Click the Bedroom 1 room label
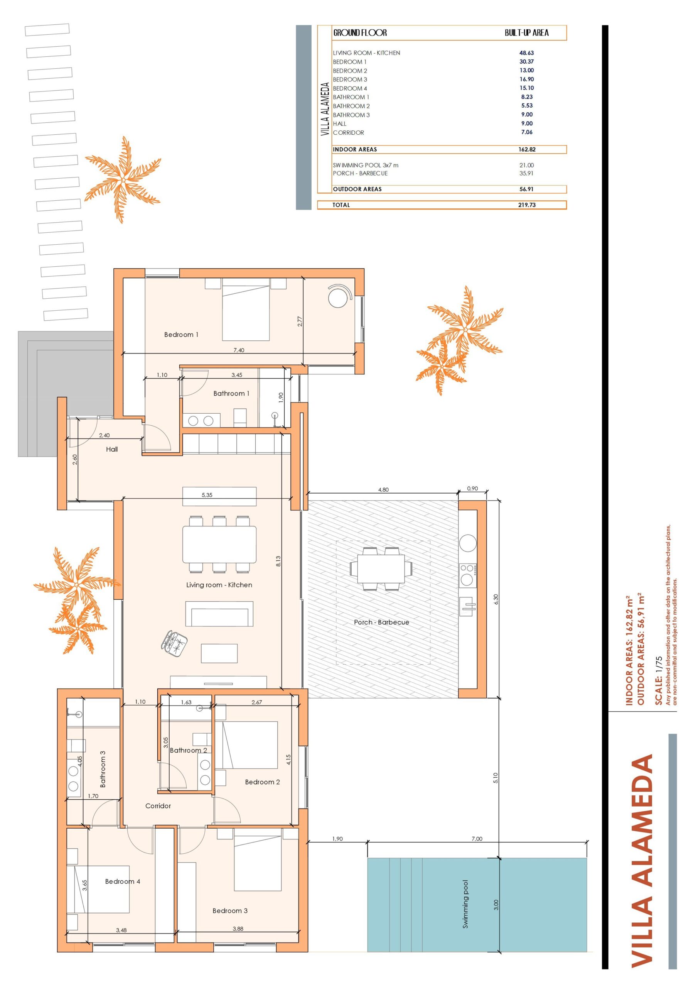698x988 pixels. pos(181,334)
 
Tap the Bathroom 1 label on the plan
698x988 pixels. pos(231,393)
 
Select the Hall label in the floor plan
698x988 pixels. pos(112,449)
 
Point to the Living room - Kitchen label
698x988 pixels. pos(219,585)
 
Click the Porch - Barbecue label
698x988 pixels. pos(381,622)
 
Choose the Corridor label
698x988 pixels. pos(158,805)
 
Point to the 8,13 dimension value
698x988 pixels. pos(278,561)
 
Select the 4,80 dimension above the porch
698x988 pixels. pos(383,490)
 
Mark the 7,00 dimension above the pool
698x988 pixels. pos(477,839)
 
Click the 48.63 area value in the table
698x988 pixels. pos(526,53)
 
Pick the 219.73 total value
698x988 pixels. pos(527,205)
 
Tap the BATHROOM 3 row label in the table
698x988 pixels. pos(351,115)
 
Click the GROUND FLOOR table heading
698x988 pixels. pos(360,33)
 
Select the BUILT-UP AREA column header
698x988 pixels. pos(527,33)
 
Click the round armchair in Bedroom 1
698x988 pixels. pos(338,297)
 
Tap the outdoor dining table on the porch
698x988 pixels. pos(381,568)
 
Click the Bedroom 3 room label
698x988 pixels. pos(230,910)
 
